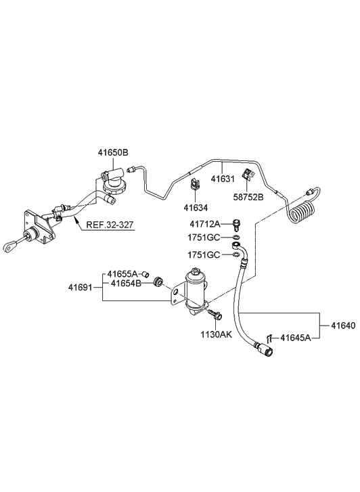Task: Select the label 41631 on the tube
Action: (222, 179)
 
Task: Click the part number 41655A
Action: (122, 274)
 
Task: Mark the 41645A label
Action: (296, 336)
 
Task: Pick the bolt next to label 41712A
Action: (237, 223)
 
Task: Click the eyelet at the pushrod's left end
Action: (12, 245)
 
